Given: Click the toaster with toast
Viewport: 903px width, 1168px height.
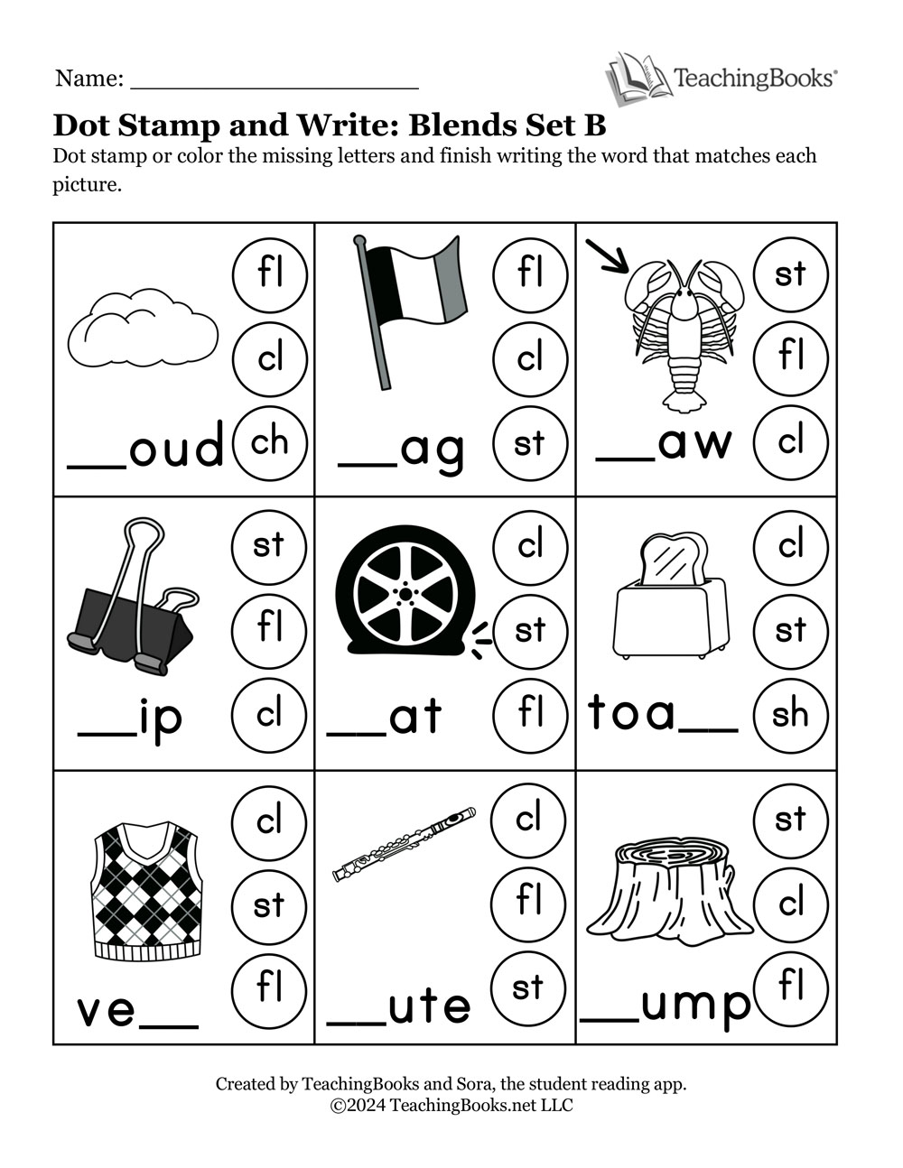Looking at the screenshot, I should [x=671, y=597].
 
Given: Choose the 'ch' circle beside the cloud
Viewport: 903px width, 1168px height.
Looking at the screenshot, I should [x=270, y=442].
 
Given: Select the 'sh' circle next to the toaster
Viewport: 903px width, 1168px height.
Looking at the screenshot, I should [x=790, y=714].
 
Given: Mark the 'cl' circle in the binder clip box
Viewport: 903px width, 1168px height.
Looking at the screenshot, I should [x=270, y=714].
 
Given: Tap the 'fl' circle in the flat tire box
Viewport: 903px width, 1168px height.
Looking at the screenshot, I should [x=530, y=713].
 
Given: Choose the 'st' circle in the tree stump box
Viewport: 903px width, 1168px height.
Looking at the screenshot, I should [x=790, y=820].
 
